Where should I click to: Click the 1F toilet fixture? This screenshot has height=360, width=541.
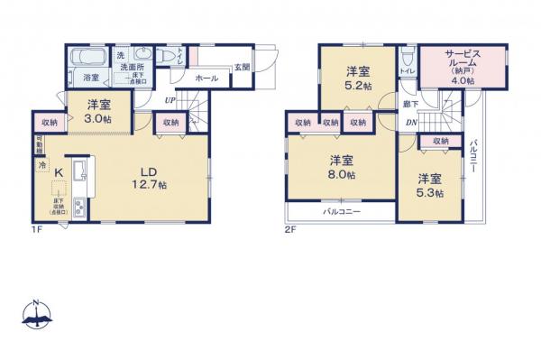pyautogui.click(x=164, y=56)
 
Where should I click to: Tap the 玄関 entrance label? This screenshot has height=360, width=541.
pyautogui.click(x=241, y=66)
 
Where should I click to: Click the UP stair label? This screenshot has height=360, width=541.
pyautogui.click(x=169, y=101)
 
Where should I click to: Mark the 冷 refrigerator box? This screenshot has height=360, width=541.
pyautogui.click(x=41, y=165)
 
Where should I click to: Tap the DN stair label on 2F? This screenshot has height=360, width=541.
pyautogui.click(x=410, y=124)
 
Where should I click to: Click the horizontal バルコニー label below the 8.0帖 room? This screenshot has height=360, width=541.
pyautogui.click(x=341, y=213)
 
